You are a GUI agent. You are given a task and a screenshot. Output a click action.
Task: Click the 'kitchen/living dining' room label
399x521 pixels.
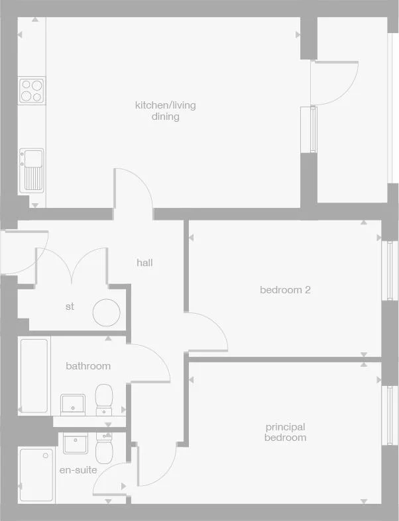point(166,111)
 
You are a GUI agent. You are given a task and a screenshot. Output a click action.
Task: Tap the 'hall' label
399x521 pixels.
point(144,263)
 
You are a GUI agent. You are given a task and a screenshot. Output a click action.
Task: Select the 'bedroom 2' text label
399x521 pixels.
point(285,290)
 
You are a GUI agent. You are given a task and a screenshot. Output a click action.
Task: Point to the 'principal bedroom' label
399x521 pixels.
point(285,432)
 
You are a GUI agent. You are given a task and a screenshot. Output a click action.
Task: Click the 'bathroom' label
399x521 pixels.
point(88,366)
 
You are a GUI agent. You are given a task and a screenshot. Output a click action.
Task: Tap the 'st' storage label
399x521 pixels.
point(70,307)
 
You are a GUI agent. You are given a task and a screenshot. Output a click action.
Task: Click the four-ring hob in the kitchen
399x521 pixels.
point(30,90)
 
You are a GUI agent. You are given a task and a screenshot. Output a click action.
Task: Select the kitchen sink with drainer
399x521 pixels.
point(31,169)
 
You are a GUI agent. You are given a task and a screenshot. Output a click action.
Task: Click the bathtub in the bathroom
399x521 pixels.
point(34,375)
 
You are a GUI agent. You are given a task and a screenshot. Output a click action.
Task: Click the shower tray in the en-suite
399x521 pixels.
point(36,475)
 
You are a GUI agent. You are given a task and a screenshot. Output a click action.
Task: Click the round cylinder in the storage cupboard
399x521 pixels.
point(106,312)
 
